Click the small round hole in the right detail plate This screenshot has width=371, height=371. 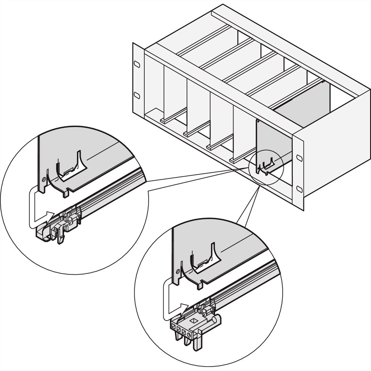(x=177, y=271)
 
